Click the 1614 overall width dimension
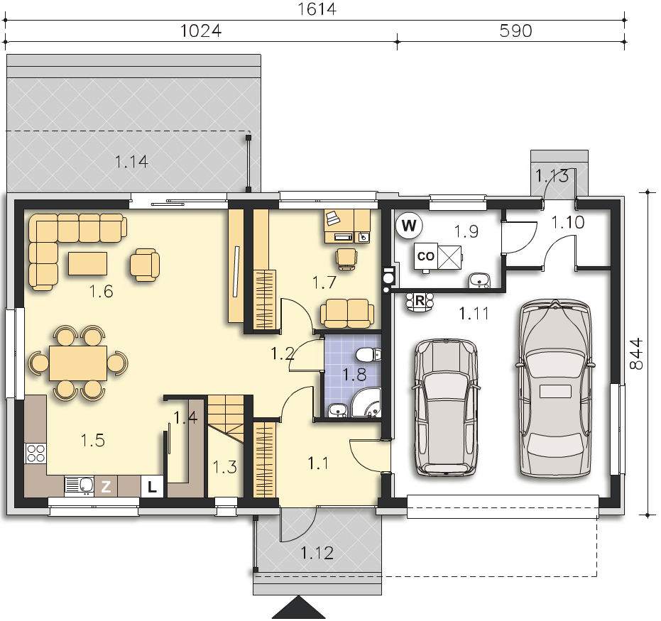[317, 9]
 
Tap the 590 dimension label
[515, 31]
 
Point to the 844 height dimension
[637, 353]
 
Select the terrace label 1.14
[131, 162]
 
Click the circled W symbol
[409, 226]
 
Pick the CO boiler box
[425, 256]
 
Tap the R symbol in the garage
[420, 301]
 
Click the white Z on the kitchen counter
[106, 487]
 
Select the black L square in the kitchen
[152, 487]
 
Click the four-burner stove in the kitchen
[35, 454]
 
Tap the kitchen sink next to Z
[80, 485]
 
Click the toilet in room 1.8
[368, 355]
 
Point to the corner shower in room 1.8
[366, 403]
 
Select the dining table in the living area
[78, 363]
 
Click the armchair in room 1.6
[145, 265]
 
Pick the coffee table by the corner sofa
[88, 263]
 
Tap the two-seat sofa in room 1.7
[347, 314]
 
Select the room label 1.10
[568, 222]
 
